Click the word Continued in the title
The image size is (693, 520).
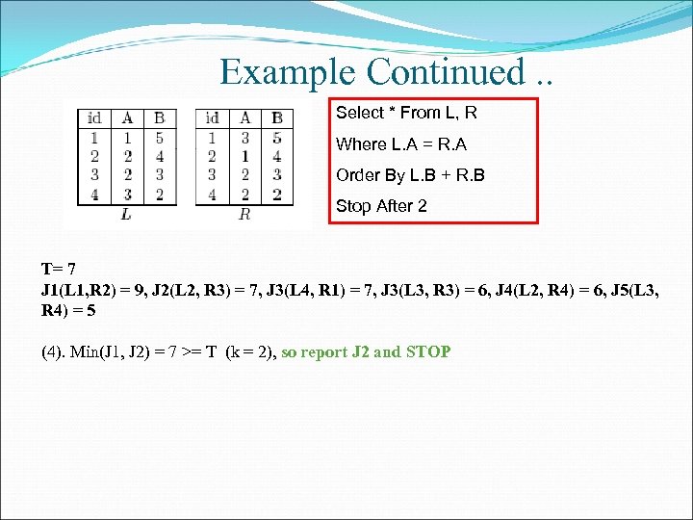447,71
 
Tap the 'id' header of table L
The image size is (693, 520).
94,117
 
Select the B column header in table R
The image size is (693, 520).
277,117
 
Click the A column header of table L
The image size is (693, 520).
127,117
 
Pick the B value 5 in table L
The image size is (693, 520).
159,137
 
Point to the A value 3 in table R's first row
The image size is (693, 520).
245,137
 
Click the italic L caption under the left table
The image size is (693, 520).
127,214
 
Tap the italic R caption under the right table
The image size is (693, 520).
244,214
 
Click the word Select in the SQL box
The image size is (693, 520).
358,114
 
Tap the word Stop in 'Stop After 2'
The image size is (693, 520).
352,206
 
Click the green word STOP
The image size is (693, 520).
428,351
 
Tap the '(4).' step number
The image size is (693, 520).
54,351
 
